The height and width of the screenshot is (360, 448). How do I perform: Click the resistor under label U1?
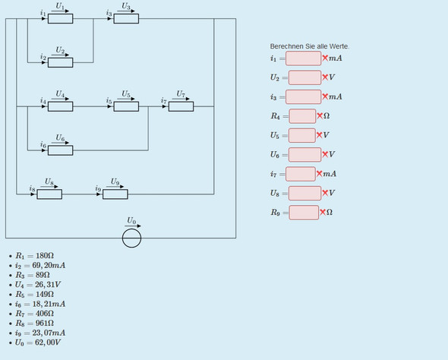pos(60,19)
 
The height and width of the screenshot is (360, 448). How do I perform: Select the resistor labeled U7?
pos(181,106)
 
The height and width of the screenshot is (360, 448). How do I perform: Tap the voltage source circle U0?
pos(131,238)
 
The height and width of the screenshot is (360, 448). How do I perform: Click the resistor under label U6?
pos(60,150)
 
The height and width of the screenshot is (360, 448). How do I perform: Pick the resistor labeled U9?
pos(115,194)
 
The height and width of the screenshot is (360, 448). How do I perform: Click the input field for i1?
pos(304,58)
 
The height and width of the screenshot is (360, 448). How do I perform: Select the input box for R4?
pos(302,116)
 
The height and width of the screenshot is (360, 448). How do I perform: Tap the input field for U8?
pos(304,193)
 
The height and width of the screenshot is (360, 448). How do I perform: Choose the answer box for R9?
pos(304,213)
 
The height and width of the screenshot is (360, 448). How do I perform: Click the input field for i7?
pos(301,174)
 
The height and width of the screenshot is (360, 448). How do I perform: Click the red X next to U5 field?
pos(319,135)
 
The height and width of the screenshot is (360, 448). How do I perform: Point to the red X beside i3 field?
pos(325,96)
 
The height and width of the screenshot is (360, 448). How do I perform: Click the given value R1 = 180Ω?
pos(35,256)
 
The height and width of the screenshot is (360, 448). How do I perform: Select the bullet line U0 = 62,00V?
pos(38,343)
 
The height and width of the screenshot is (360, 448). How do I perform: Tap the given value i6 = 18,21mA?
pos(40,304)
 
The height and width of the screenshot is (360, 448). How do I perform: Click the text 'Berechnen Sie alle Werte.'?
pos(310,46)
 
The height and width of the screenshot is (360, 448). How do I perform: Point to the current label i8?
pos(32,188)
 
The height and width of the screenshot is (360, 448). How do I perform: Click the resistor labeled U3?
pos(126,19)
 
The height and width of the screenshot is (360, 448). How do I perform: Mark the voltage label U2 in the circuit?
pos(60,50)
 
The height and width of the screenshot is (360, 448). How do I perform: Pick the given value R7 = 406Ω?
pos(35,314)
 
